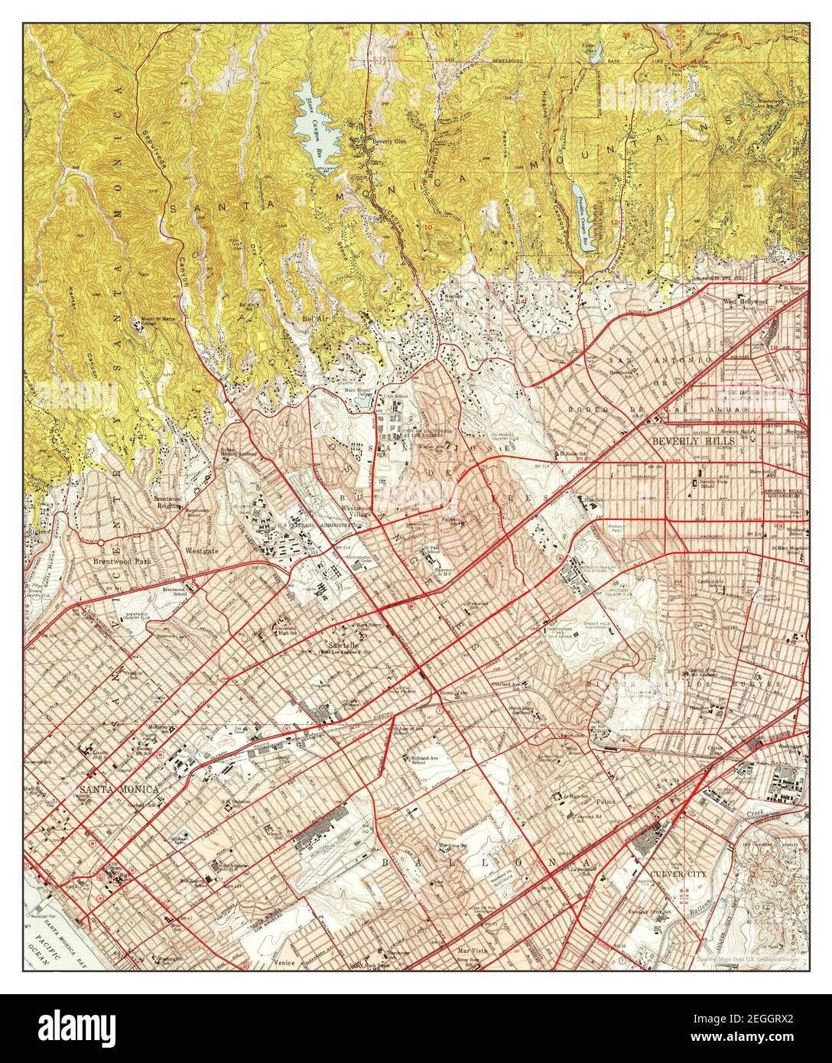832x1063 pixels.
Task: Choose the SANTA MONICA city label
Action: (118, 788)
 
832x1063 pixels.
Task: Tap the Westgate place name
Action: (203, 551)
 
